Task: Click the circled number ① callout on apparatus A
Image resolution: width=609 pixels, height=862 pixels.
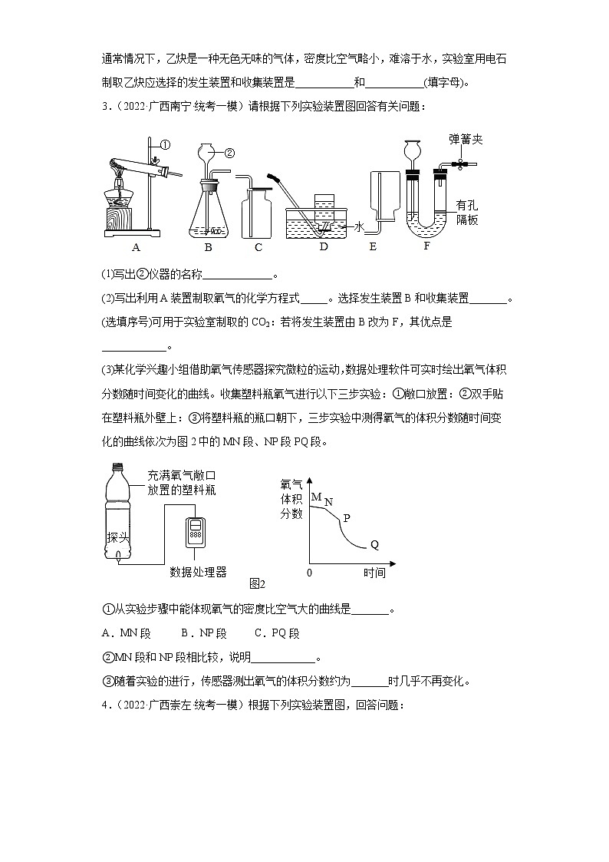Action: pos(164,144)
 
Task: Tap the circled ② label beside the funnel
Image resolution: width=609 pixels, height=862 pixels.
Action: pos(229,152)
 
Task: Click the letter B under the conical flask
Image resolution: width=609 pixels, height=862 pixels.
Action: pos(208,247)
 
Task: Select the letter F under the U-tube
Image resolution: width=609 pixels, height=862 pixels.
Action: pos(426,246)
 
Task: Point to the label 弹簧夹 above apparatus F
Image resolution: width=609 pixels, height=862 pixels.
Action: pos(466,140)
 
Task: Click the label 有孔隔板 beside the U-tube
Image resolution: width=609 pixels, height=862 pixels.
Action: pos(466,212)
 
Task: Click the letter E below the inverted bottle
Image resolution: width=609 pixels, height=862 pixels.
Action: pos(373,247)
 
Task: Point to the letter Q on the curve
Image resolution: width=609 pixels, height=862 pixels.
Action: pos(374,545)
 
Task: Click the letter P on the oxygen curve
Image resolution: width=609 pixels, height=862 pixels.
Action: pos(346,518)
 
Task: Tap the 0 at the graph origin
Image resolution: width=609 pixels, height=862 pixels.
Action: pos(310,573)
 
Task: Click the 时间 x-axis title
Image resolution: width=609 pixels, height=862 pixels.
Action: pos(374,573)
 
